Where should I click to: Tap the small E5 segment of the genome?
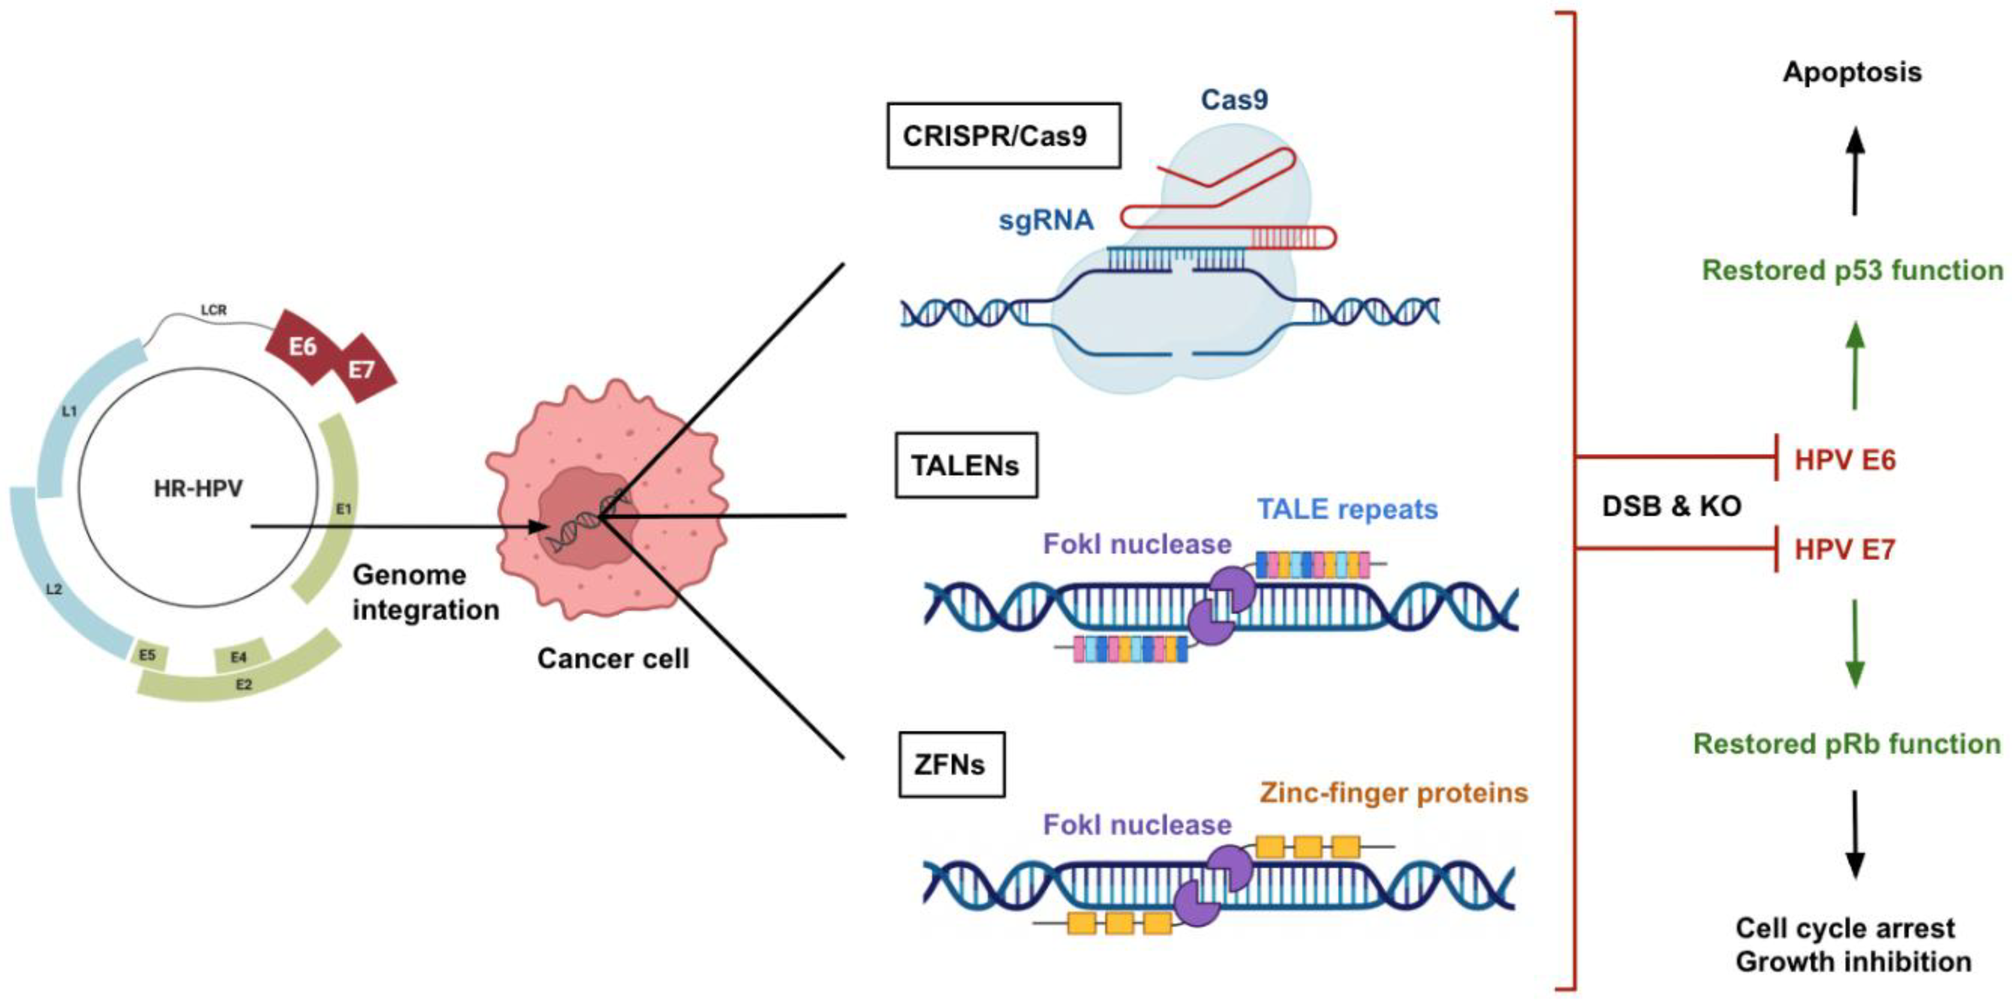[x=148, y=655]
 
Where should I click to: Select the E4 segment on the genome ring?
[x=240, y=656]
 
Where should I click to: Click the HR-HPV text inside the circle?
[x=198, y=489]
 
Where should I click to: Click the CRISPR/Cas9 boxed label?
[x=1003, y=136]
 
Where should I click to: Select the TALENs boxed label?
[x=965, y=466]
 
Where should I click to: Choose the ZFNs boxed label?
[x=950, y=764]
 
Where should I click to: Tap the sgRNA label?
[x=1046, y=221]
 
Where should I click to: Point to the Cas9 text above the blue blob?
[x=1234, y=99]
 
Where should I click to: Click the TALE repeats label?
[x=1347, y=509]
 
